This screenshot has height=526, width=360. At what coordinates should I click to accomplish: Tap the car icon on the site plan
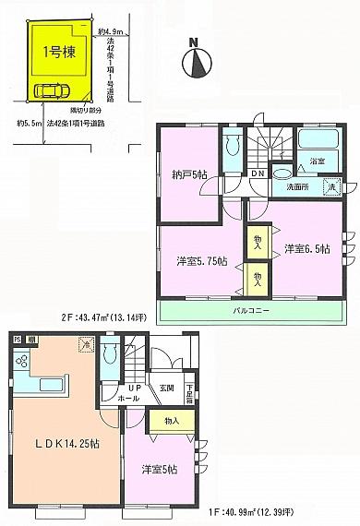(x=48, y=90)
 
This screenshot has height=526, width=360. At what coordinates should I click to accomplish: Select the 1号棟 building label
(x=60, y=53)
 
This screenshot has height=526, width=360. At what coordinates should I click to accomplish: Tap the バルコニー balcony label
(x=250, y=311)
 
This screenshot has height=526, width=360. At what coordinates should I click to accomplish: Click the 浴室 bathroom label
(x=317, y=161)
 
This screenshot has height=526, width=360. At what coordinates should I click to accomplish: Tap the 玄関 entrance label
(x=165, y=388)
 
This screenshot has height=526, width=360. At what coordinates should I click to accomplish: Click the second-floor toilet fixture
(x=231, y=145)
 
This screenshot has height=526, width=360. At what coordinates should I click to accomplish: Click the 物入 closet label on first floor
(x=172, y=420)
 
